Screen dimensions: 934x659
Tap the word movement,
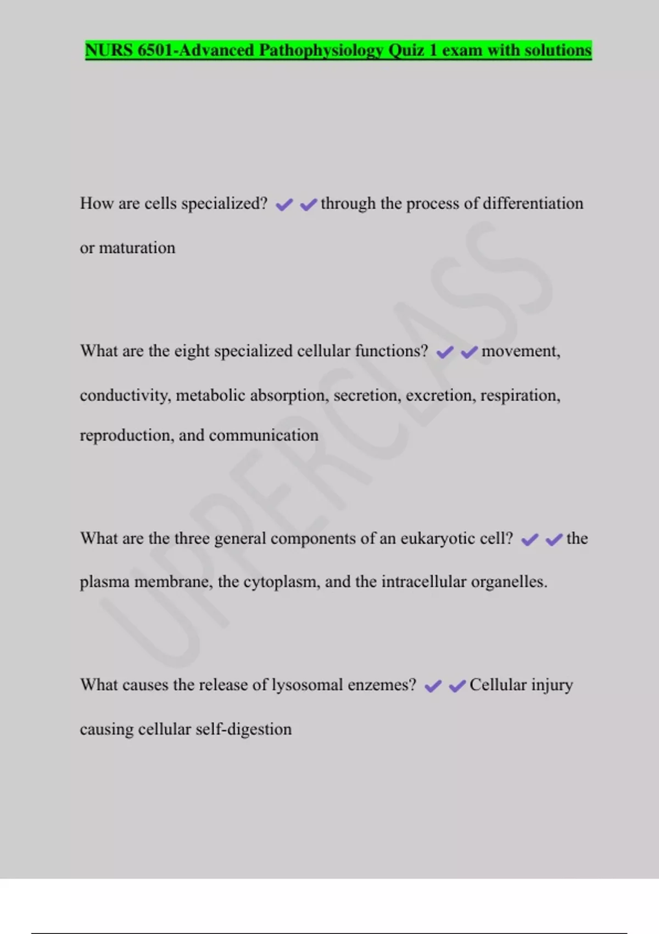[x=521, y=351]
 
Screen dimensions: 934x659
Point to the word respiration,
[x=520, y=396]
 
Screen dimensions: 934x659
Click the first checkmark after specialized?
[x=284, y=205]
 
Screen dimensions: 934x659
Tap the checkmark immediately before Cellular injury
[x=457, y=686]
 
